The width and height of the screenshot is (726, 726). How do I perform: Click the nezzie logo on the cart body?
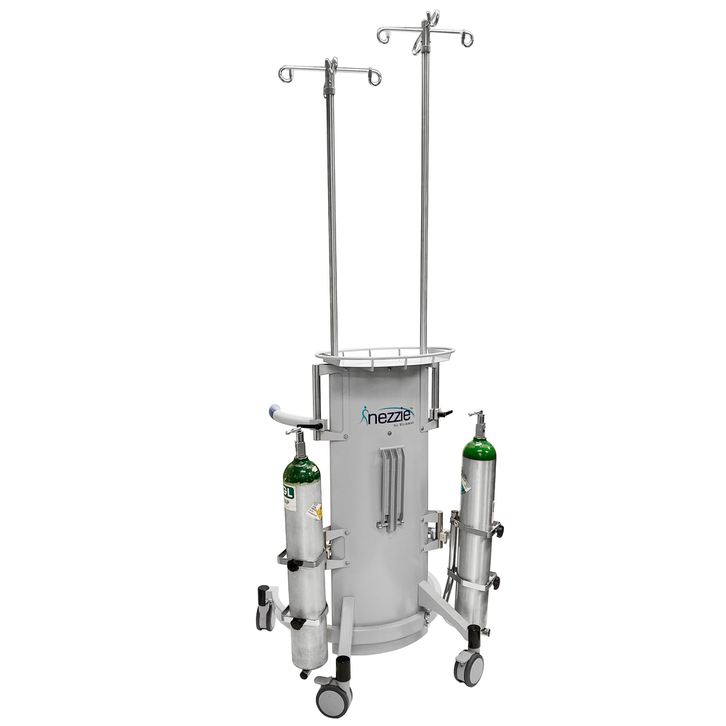pyautogui.click(x=388, y=415)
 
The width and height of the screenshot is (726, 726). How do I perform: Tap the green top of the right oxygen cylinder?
pyautogui.click(x=480, y=449)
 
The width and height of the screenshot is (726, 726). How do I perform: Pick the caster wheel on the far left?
pyautogui.click(x=266, y=617)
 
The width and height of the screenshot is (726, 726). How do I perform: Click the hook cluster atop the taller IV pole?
pyautogui.click(x=426, y=29)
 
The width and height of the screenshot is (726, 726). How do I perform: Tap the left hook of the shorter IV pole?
pyautogui.click(x=286, y=74)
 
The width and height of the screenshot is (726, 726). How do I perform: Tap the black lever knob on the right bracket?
pyautogui.click(x=444, y=414)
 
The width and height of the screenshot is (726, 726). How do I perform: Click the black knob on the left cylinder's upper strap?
pyautogui.click(x=294, y=565)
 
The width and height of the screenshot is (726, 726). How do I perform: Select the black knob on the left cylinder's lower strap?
pyautogui.click(x=295, y=623)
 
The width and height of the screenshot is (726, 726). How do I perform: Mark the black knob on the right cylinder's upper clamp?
pyautogui.click(x=499, y=531)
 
